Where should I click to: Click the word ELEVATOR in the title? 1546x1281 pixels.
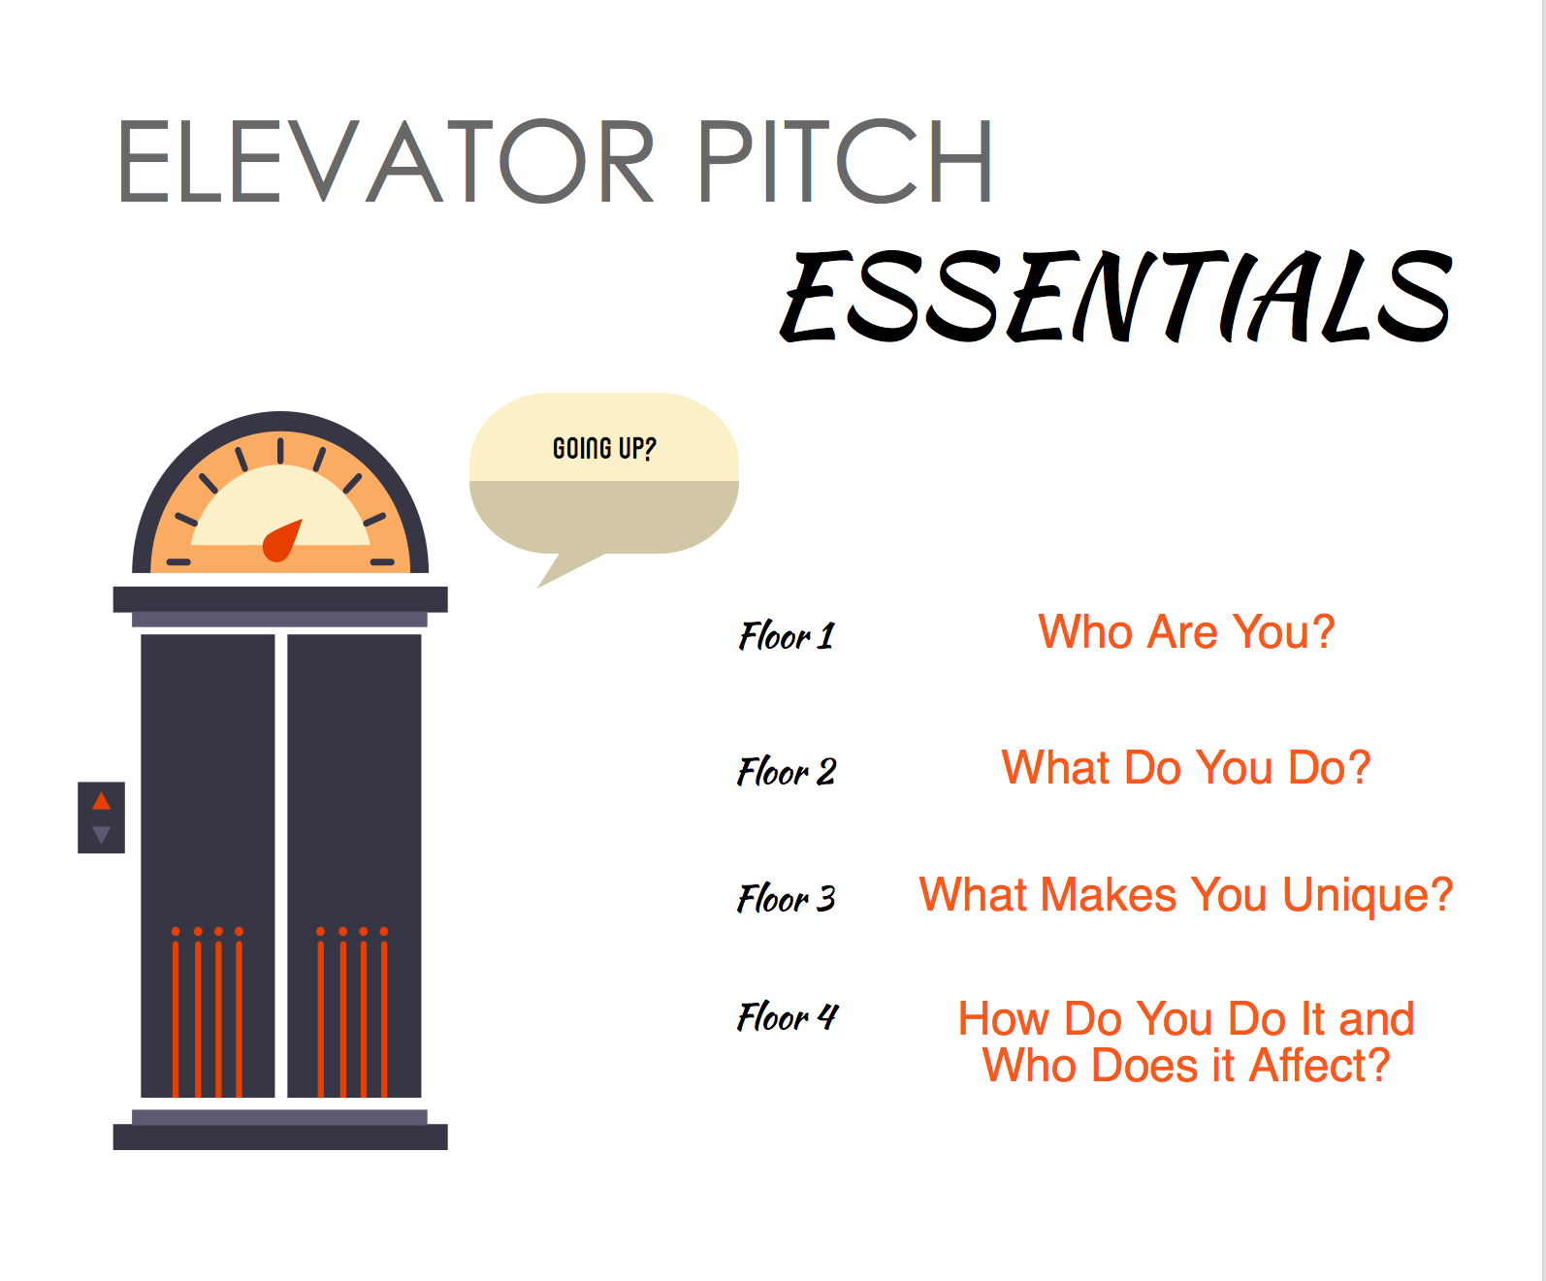click(x=386, y=161)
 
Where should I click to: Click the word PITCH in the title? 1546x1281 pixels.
click(x=845, y=161)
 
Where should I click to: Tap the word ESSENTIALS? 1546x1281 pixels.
click(x=1116, y=296)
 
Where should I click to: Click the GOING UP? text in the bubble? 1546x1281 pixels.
click(x=604, y=448)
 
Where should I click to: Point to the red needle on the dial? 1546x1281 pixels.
click(x=281, y=541)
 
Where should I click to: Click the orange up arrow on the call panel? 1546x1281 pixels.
click(x=102, y=800)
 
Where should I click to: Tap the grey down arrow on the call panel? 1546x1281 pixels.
click(x=102, y=835)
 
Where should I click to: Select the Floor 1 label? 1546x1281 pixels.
click(x=787, y=636)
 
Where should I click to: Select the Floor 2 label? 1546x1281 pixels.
click(x=787, y=771)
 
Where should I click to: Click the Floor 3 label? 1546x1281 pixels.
click(x=787, y=897)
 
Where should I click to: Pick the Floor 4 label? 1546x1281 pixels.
click(x=788, y=1016)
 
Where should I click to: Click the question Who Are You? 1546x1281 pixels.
click(x=1186, y=631)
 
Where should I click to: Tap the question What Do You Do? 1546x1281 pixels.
click(x=1186, y=767)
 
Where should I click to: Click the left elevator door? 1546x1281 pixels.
click(x=208, y=866)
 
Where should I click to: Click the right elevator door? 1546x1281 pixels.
click(x=354, y=866)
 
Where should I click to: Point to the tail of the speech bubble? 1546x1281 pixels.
click(x=563, y=569)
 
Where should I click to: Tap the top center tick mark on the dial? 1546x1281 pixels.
click(x=280, y=451)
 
